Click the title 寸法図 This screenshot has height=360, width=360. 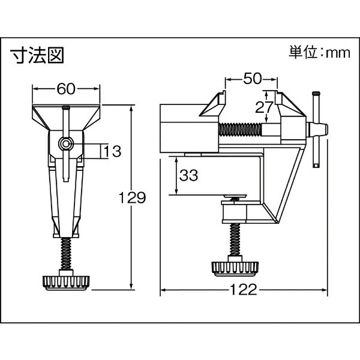(x=37, y=55)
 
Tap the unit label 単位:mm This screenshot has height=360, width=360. (x=319, y=53)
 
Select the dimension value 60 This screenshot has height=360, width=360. (x=66, y=89)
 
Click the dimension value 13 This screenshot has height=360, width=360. (x=113, y=152)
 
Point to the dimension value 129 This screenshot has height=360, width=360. (x=133, y=197)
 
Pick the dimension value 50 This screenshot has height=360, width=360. (x=252, y=79)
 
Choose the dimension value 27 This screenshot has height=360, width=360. (x=263, y=107)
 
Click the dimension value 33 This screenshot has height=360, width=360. (x=189, y=175)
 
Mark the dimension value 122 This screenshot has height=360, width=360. (x=244, y=290)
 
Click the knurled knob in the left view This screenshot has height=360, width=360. (x=66, y=283)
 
